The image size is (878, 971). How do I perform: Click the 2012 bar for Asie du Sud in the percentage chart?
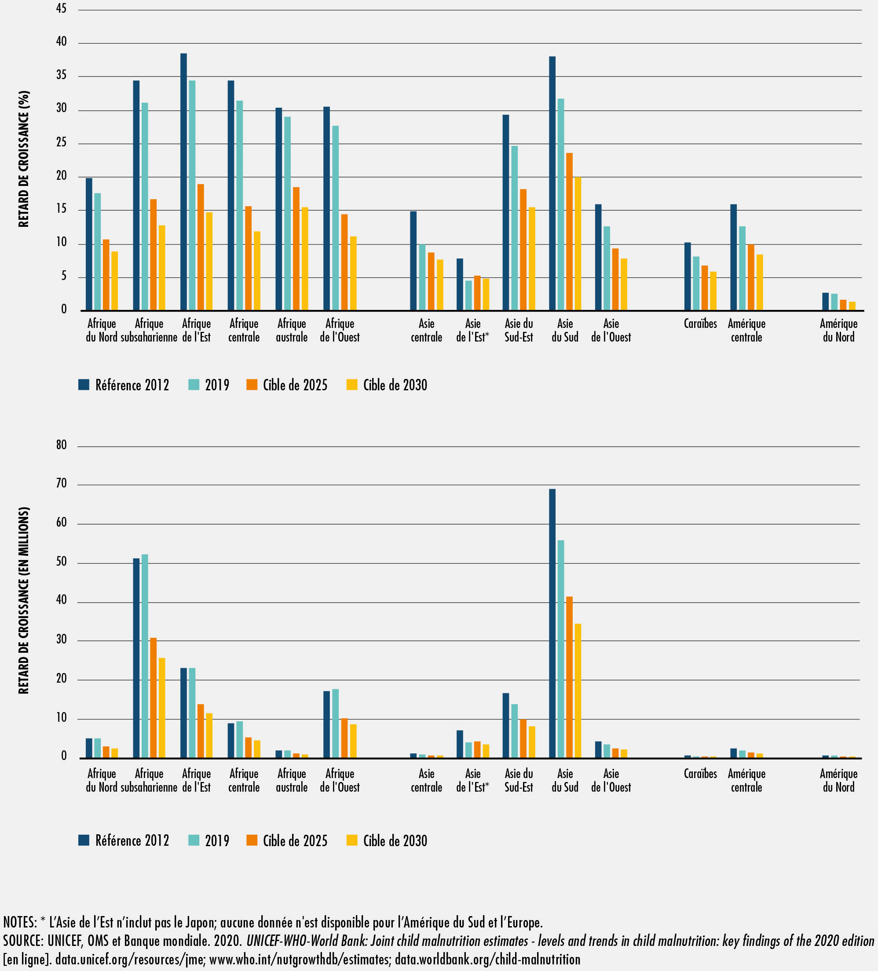pyautogui.click(x=552, y=183)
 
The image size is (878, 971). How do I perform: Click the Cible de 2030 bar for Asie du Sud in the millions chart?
pyautogui.click(x=578, y=691)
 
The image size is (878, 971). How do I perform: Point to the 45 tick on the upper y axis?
pyautogui.click(x=61, y=9)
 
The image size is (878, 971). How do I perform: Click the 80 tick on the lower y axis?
pyautogui.click(x=61, y=444)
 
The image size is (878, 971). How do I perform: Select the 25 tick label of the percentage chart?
pyautogui.click(x=61, y=142)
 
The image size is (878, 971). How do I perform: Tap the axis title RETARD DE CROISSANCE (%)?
pyautogui.click(x=24, y=159)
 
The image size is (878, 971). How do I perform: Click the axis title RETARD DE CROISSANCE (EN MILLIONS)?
pyautogui.click(x=24, y=600)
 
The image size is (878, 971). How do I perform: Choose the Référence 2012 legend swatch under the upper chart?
pyautogui.click(x=84, y=384)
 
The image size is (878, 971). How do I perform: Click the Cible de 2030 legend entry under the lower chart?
pyautogui.click(x=387, y=840)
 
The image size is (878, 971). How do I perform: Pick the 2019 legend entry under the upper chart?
pyautogui.click(x=209, y=385)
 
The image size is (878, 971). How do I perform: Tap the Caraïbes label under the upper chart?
pyautogui.click(x=700, y=324)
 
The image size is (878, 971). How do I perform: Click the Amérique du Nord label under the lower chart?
pyautogui.click(x=838, y=780)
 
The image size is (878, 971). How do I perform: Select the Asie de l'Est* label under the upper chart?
pyautogui.click(x=473, y=331)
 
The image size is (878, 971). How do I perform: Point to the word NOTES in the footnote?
pyautogui.click(x=19, y=922)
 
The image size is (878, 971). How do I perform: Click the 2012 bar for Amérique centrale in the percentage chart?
pyautogui.click(x=733, y=257)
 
